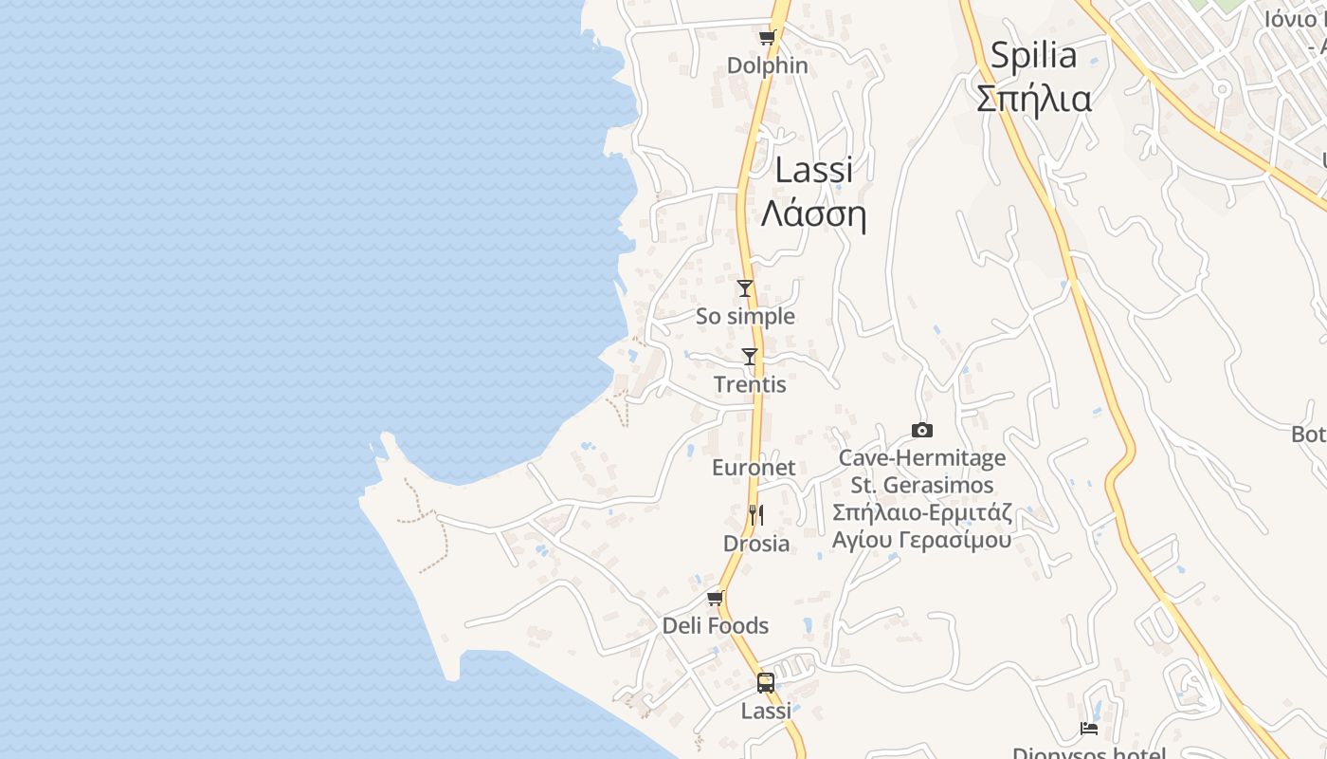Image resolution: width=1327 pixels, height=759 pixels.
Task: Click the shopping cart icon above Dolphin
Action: (767, 38)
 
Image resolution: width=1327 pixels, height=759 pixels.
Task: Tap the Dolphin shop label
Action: (767, 65)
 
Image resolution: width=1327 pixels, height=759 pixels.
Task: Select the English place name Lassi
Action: (813, 171)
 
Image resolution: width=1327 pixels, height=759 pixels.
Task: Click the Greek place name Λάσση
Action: (813, 215)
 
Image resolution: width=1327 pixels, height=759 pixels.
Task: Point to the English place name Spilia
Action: (1033, 56)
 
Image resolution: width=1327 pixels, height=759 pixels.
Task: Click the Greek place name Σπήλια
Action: (1033, 99)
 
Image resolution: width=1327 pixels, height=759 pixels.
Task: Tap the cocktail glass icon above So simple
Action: (745, 288)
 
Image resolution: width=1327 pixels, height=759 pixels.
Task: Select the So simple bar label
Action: (745, 316)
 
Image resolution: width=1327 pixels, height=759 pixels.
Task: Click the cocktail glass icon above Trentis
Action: (750, 357)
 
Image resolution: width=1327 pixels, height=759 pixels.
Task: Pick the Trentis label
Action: (750, 385)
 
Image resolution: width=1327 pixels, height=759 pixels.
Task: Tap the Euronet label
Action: (754, 468)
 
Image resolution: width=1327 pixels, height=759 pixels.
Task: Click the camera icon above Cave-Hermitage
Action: (921, 431)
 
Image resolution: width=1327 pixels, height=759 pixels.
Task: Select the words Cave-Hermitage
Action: (921, 458)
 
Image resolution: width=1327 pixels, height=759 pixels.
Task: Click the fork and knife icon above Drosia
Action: (755, 515)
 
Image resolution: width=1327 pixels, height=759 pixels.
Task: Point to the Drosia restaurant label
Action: (755, 544)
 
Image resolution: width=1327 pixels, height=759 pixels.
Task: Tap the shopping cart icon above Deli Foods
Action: (716, 598)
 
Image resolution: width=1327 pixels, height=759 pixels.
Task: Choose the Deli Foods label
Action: (715, 626)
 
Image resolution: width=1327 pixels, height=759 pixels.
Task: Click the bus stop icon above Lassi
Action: (765, 683)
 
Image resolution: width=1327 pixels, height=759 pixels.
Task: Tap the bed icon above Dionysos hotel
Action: (1089, 729)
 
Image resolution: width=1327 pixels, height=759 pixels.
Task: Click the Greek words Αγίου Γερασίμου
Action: (921, 541)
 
